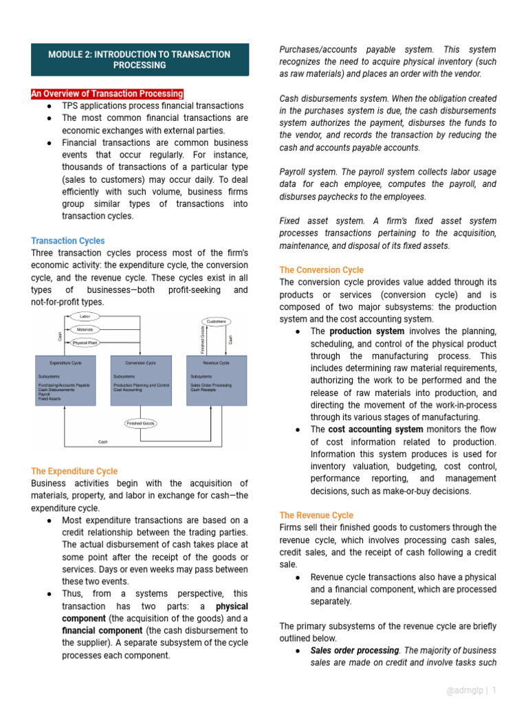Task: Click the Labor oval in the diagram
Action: pos(85,316)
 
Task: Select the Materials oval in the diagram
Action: pos(85,330)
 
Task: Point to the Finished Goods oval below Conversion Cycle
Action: pos(140,423)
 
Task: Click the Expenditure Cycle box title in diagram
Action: pos(66,362)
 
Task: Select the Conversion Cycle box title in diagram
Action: pos(140,362)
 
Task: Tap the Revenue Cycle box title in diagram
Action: pos(216,362)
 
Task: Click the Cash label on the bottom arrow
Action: pos(103,442)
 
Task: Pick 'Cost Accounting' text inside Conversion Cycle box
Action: pos(129,390)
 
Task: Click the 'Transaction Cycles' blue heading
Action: pos(68,241)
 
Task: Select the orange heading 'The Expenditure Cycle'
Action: pos(74,471)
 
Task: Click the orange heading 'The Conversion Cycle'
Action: pos(322,270)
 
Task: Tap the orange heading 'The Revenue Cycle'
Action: pos(316,515)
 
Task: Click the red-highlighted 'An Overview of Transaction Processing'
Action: pos(107,93)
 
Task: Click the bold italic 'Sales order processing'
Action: pos(355,650)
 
